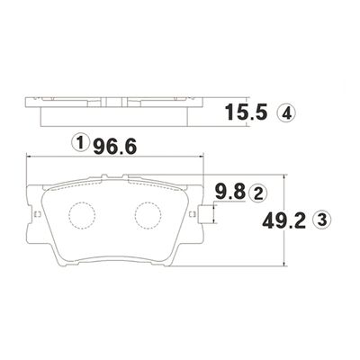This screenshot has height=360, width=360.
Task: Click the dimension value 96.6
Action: [115, 147]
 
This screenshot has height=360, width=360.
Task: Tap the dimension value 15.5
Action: [246, 112]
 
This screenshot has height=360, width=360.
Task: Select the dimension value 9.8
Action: [229, 192]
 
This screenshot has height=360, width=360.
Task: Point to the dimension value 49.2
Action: [283, 220]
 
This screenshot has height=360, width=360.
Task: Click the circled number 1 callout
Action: [80, 143]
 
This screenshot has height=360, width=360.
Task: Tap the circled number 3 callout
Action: [322, 220]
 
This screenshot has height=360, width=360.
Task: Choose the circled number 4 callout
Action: [287, 113]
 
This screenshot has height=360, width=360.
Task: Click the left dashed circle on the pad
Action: [82, 214]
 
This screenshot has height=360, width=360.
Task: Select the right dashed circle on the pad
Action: [148, 214]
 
